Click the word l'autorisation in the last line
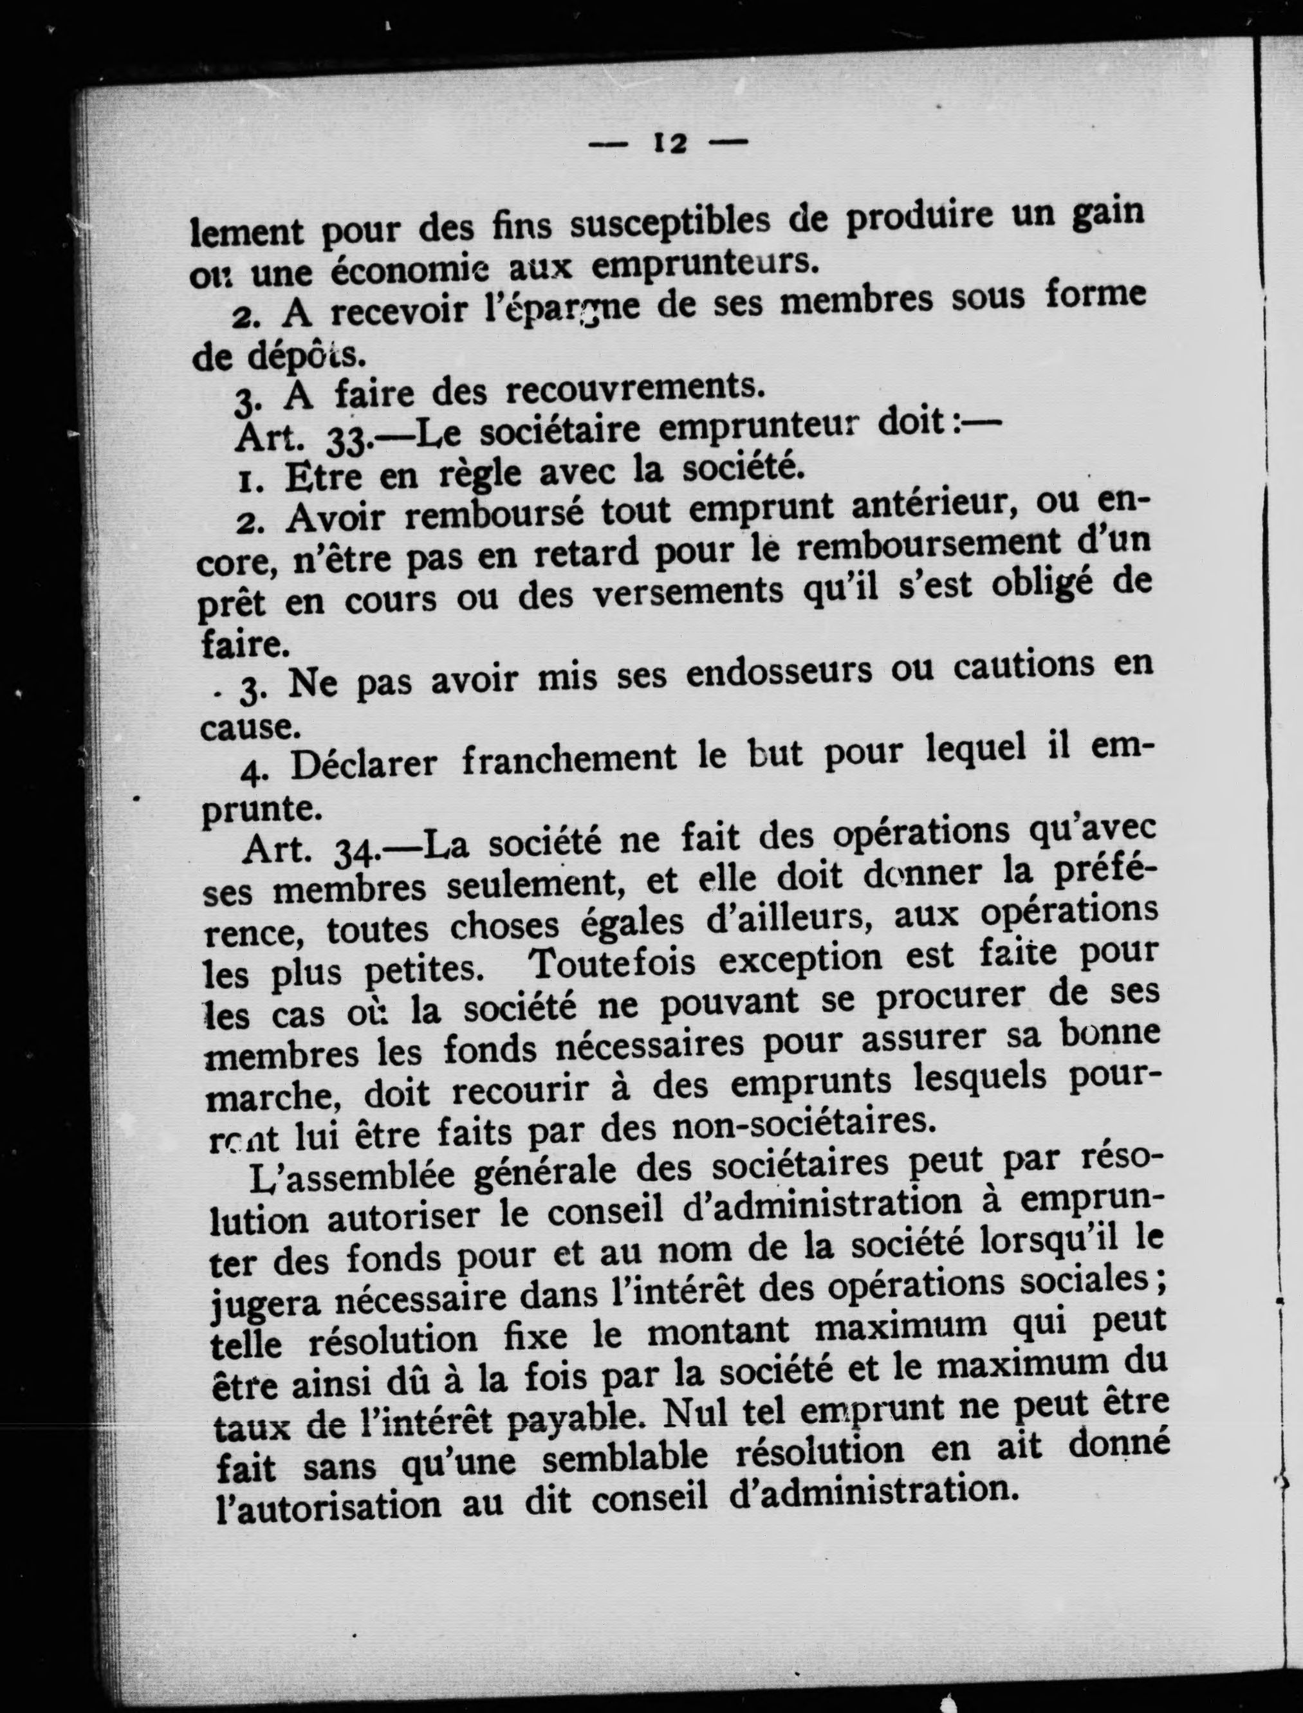click(x=326, y=1507)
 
